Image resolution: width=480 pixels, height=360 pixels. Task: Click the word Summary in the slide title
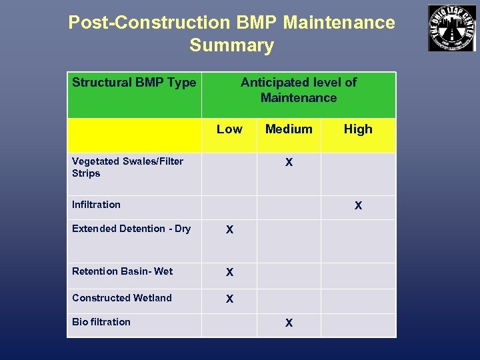[x=231, y=45]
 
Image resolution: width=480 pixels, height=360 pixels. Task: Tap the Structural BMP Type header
[x=134, y=83]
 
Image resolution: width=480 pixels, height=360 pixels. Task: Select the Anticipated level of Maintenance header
[x=299, y=90]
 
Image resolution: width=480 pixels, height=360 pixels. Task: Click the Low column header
[x=229, y=129]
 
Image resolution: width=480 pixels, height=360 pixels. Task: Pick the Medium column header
[x=289, y=129]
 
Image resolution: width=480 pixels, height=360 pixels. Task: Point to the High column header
[x=358, y=129]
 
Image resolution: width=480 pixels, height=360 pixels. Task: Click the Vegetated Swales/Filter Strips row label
[x=127, y=167]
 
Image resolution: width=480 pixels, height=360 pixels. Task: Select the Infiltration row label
[x=96, y=205]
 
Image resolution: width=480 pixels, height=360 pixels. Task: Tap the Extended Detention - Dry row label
[x=131, y=229]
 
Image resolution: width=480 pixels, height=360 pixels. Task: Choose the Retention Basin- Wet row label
[x=122, y=271]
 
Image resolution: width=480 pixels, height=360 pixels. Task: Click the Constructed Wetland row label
[x=122, y=298]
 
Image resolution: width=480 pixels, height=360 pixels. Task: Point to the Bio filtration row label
[x=101, y=322]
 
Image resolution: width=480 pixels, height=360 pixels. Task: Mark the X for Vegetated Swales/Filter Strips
[x=289, y=163]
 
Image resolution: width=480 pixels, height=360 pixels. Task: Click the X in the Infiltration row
[x=358, y=206]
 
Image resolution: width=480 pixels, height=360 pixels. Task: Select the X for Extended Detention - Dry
[x=229, y=230]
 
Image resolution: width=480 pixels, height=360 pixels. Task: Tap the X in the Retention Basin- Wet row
[x=229, y=273]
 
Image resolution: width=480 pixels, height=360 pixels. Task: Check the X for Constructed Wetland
[x=229, y=299]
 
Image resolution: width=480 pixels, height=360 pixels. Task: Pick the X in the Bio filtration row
[x=289, y=323]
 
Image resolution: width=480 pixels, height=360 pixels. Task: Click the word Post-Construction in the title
[x=149, y=23]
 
